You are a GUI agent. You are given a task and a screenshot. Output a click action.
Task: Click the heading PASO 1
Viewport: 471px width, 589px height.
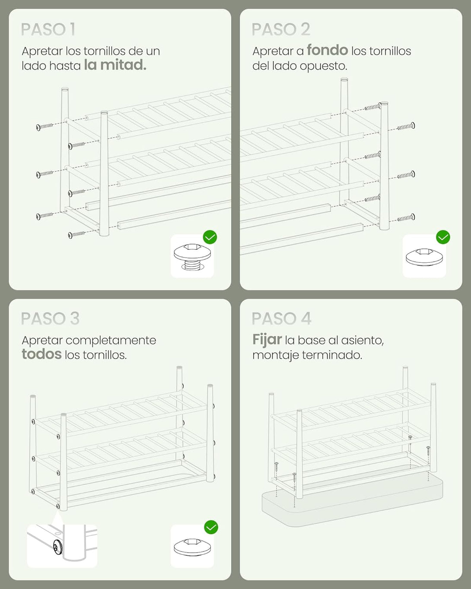pos(48,29)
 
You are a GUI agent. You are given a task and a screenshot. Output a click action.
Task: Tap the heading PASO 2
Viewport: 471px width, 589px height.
pos(281,29)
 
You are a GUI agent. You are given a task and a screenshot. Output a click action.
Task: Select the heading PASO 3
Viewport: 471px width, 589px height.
pos(50,318)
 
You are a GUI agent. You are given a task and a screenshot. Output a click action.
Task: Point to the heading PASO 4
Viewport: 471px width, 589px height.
pos(281,318)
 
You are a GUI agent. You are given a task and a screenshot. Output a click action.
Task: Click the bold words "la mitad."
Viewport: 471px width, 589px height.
pos(115,65)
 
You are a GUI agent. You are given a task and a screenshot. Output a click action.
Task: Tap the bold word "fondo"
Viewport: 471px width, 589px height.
pos(327,51)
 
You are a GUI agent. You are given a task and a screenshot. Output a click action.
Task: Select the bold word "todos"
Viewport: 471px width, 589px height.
pos(41,354)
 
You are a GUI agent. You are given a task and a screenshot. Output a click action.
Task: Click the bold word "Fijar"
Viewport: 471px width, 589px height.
pos(267,340)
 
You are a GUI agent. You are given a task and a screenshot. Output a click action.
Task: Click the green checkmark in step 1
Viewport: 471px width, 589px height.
pos(210,237)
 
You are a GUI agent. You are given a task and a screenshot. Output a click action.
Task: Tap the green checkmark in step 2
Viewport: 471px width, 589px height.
pos(443,237)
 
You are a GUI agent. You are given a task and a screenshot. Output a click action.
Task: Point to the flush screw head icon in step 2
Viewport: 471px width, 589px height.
pos(424,257)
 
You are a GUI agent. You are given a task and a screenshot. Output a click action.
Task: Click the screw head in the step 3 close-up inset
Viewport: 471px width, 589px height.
pos(57,548)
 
